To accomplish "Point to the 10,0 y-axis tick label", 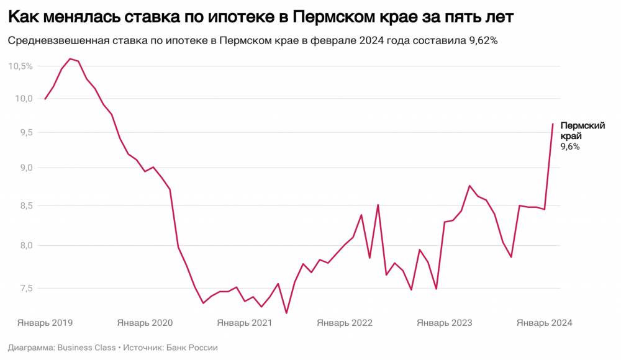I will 23,99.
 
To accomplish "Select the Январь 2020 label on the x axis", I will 145,323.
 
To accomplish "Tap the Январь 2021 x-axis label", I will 245,323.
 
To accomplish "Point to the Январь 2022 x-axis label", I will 345,323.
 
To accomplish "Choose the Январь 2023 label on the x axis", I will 445,323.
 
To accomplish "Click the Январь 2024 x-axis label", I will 545,323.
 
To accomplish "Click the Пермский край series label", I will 574,130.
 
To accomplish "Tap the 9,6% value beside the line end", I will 570,147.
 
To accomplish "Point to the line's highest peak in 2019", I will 70,59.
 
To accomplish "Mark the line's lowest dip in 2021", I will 286,313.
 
